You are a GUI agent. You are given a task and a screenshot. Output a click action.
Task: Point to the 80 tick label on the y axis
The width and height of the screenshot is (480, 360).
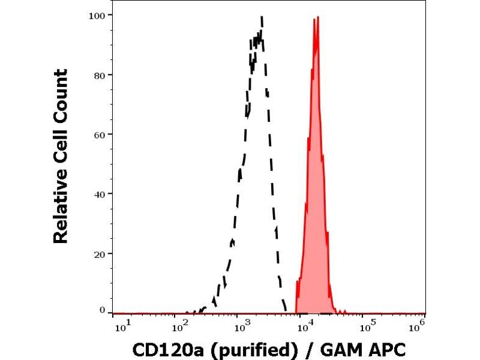click(100, 75)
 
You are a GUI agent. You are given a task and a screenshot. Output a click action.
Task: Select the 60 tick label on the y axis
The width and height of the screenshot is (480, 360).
click(100, 134)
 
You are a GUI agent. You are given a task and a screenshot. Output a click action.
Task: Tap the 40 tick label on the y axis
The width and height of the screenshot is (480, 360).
click(100, 194)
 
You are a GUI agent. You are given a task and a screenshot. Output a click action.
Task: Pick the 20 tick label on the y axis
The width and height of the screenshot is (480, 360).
click(100, 253)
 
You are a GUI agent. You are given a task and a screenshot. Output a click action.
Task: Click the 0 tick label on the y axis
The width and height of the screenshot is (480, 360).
click(102, 310)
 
